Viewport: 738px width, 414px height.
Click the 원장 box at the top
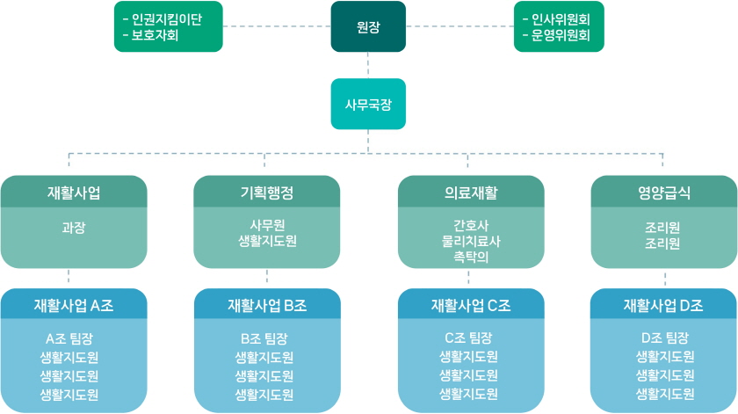point(368,25)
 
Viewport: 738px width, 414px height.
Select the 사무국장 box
point(368,104)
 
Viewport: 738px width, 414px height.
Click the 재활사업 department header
point(73,192)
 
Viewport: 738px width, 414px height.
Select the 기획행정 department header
point(266,192)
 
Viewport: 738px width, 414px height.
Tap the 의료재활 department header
point(471,192)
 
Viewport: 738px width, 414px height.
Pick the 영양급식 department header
point(663,192)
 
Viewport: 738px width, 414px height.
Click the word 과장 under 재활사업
point(73,227)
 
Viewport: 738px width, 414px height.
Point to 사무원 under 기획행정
point(266,224)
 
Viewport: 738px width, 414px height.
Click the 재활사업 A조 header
point(73,305)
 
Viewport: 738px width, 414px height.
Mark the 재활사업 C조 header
point(471,305)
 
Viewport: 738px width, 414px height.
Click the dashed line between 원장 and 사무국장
point(368,65)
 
